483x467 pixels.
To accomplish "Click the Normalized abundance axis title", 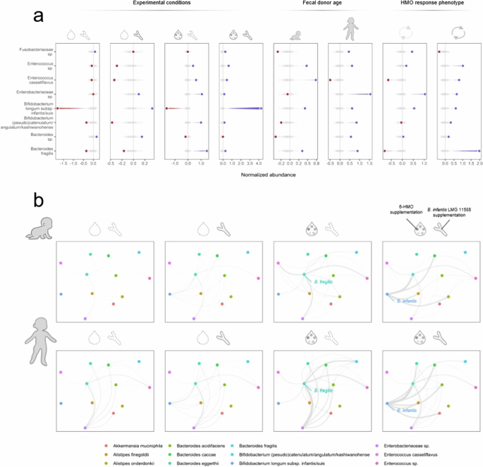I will pyautogui.click(x=267, y=172).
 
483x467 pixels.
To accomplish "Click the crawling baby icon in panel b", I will pyautogui.click(x=29, y=230).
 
